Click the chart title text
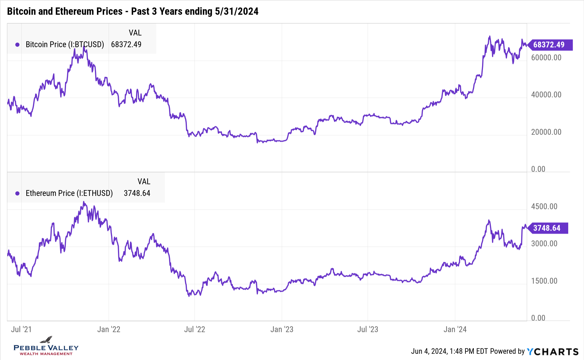coord(133,11)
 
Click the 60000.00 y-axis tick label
coord(546,58)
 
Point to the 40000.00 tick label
coord(546,95)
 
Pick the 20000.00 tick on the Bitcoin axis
coord(546,132)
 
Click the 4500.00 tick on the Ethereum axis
coord(544,206)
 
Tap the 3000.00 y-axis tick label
coord(544,244)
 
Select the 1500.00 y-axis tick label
coord(544,281)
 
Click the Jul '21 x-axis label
coord(21,329)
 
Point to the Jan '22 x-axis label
coord(109,329)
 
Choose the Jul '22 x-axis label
coord(194,329)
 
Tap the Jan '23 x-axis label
coord(282,329)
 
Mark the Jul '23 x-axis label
coord(368,329)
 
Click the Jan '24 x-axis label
coord(455,329)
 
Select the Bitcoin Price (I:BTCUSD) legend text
coord(65,44)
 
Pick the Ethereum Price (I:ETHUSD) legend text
coord(69,193)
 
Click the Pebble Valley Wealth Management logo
coord(46,346)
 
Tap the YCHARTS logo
coord(552,352)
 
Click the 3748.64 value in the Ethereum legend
coord(137,193)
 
